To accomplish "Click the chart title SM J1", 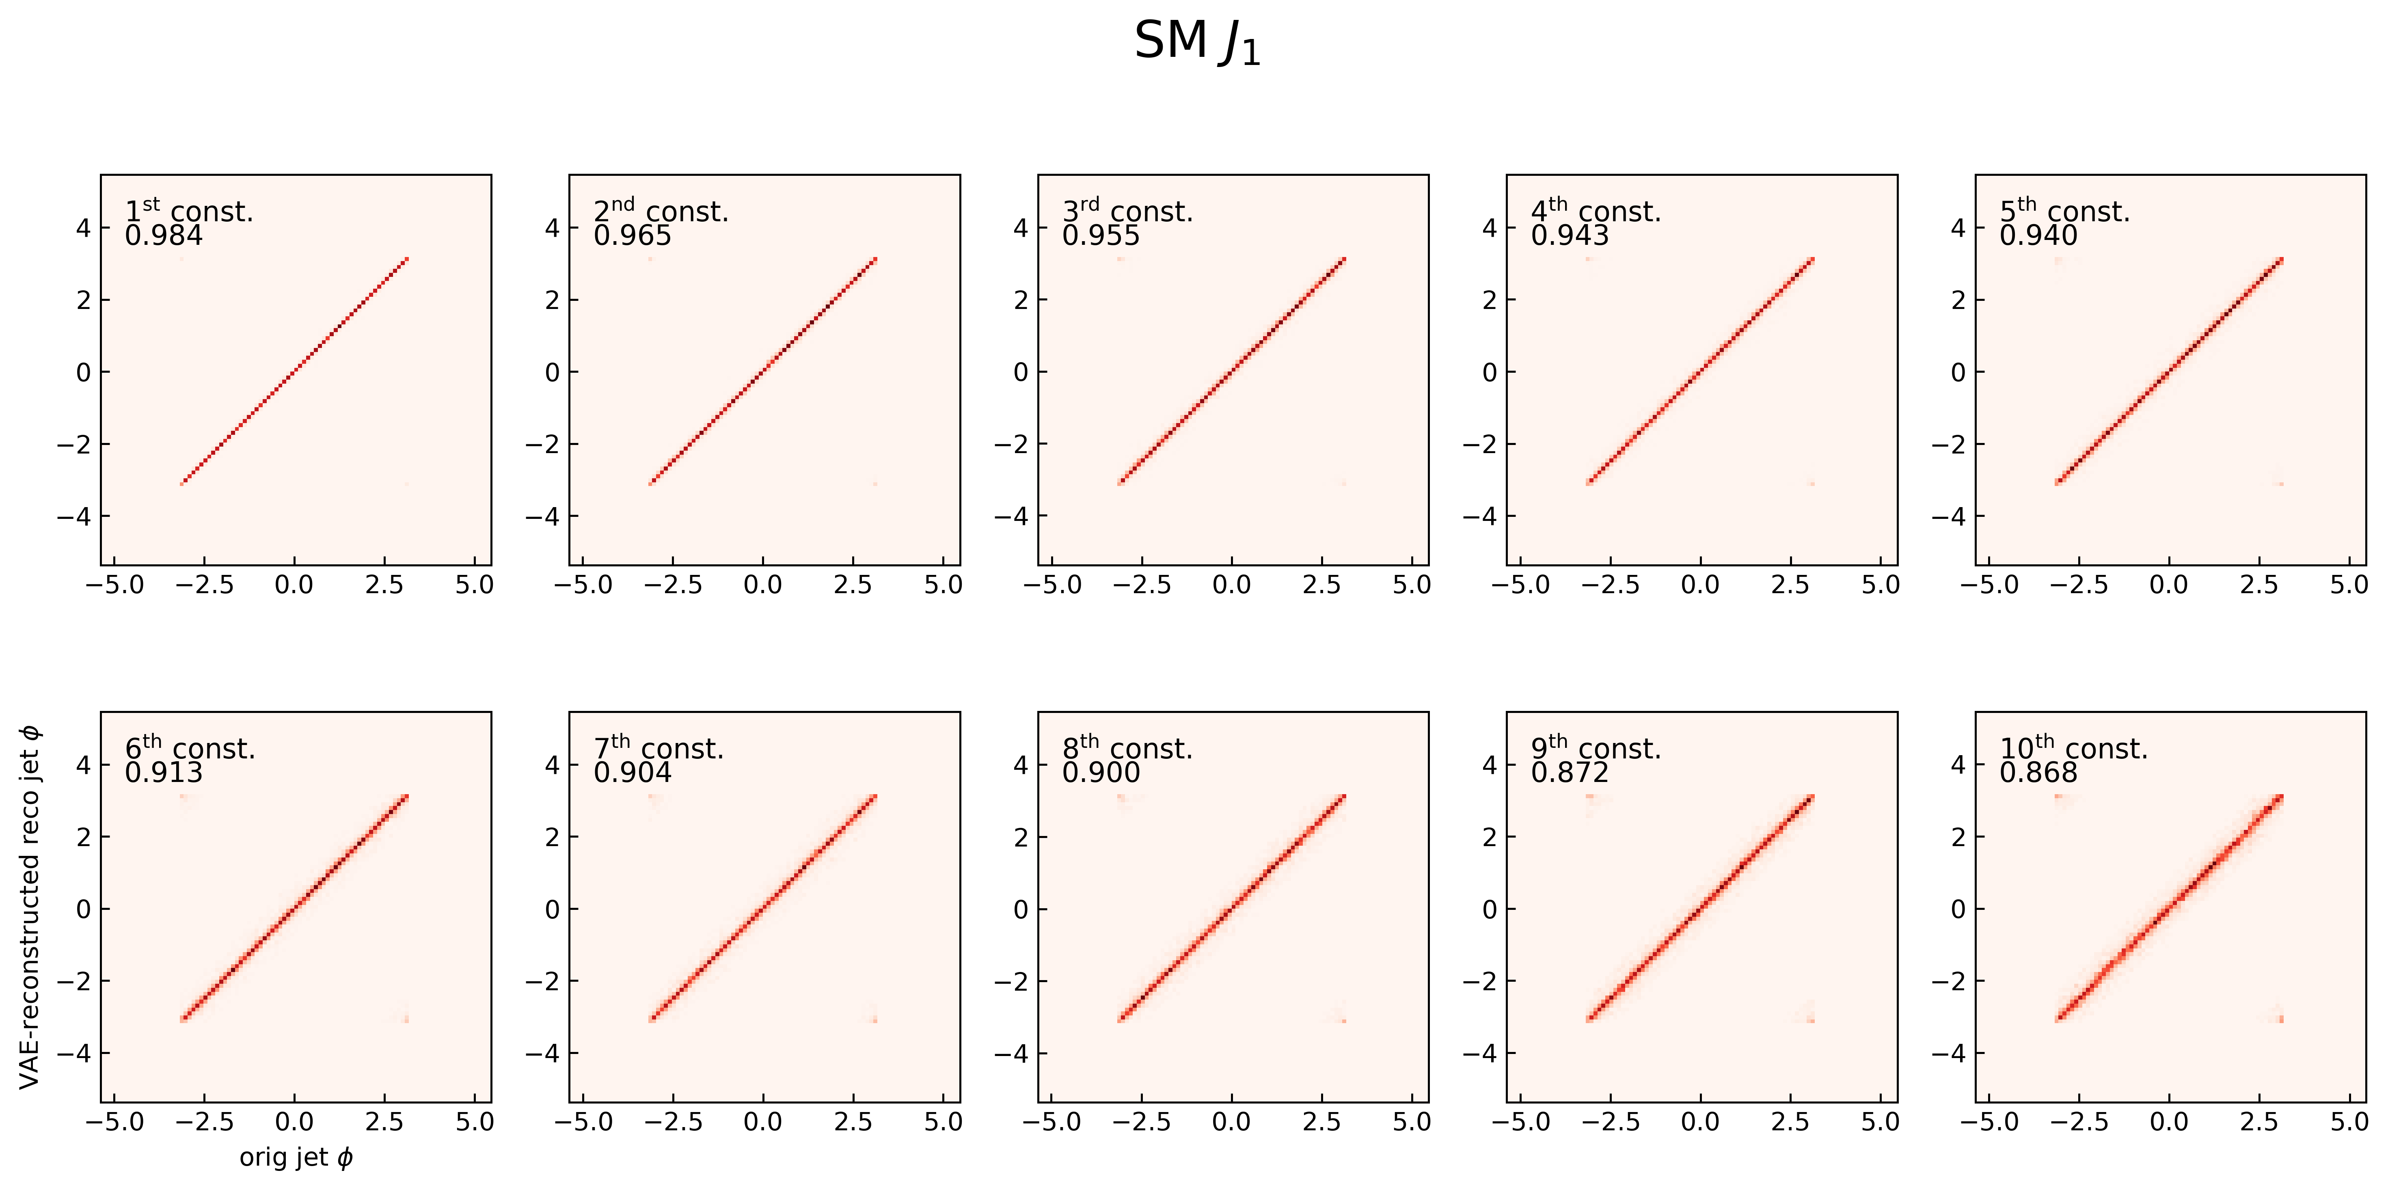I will pyautogui.click(x=1197, y=43).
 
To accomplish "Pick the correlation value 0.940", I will pyautogui.click(x=2038, y=236).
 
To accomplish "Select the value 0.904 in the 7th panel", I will pyautogui.click(x=632, y=773).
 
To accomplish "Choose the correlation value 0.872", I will pyautogui.click(x=1570, y=773).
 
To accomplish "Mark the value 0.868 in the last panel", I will pyautogui.click(x=2038, y=773).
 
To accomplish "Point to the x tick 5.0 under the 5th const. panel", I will pyautogui.click(x=2349, y=585).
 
